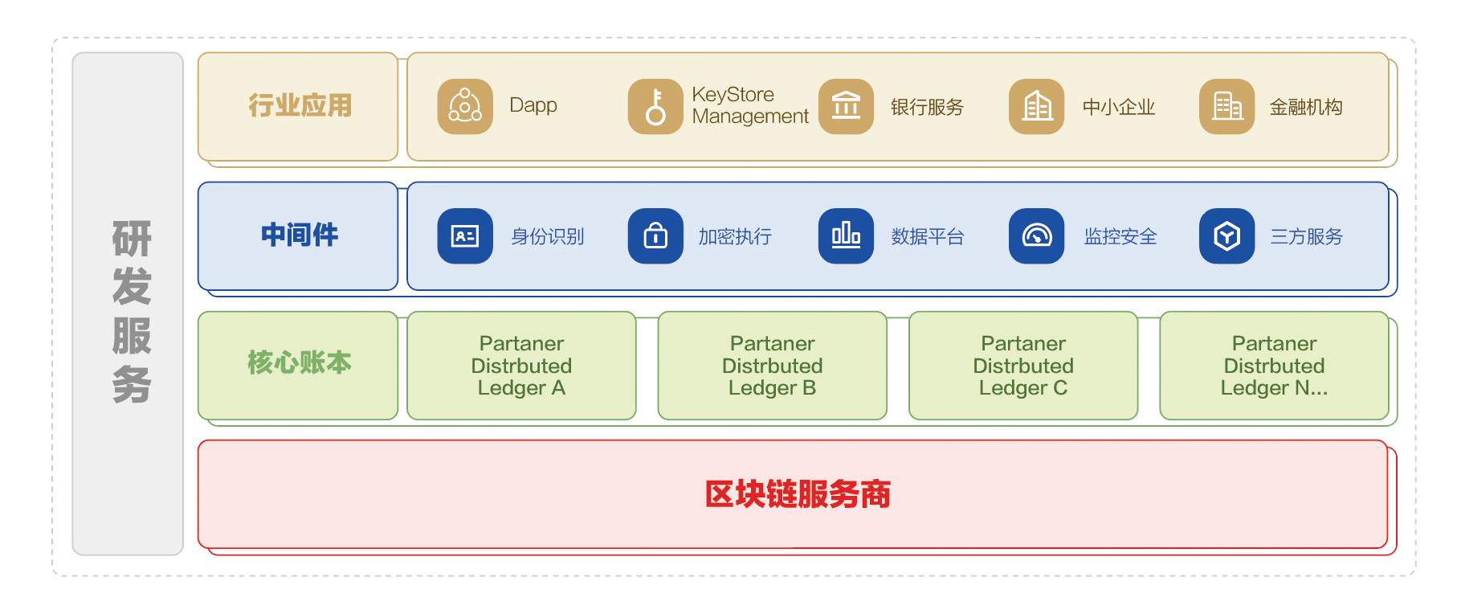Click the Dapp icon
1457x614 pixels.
point(465,106)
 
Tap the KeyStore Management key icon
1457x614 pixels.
point(655,106)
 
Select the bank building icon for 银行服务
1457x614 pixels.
point(846,106)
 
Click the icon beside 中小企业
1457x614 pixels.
point(1036,106)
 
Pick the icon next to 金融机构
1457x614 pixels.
point(1226,106)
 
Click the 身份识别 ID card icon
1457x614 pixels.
point(465,236)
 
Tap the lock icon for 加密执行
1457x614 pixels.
point(655,236)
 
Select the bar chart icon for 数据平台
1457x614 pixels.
point(846,236)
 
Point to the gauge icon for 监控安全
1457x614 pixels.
point(1036,236)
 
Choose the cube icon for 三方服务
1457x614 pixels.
point(1226,236)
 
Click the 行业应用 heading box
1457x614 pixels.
point(298,106)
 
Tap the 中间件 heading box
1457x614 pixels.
point(298,235)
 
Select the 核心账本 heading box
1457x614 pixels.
point(298,365)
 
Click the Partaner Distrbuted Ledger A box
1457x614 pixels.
point(521,366)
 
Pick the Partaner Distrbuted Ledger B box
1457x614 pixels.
point(772,366)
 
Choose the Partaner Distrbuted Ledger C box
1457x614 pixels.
point(1023,366)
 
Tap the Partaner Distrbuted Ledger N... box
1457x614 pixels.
point(1274,366)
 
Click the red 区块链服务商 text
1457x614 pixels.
point(798,494)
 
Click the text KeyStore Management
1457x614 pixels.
point(749,105)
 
